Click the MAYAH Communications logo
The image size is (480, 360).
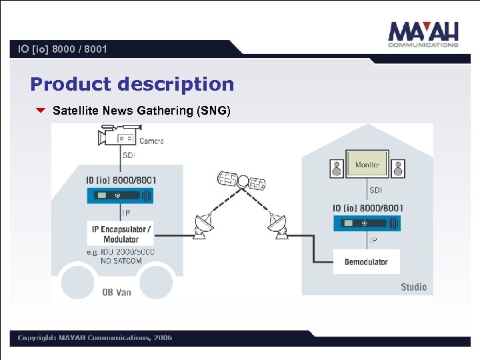(x=423, y=35)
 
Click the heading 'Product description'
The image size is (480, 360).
(x=132, y=84)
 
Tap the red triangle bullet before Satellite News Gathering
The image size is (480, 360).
(x=40, y=111)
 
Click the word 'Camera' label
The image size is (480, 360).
(x=151, y=141)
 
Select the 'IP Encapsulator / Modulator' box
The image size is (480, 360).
(x=121, y=234)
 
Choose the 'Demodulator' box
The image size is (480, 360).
(x=366, y=261)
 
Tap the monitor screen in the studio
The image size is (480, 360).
(x=367, y=164)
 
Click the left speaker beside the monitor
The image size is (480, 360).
(x=337, y=168)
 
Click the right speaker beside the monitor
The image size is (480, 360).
(x=397, y=168)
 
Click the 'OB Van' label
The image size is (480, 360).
(x=116, y=292)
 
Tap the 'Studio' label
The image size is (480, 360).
(x=413, y=287)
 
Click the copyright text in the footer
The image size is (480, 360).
(x=95, y=338)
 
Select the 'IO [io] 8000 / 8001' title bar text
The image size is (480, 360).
(x=63, y=49)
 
